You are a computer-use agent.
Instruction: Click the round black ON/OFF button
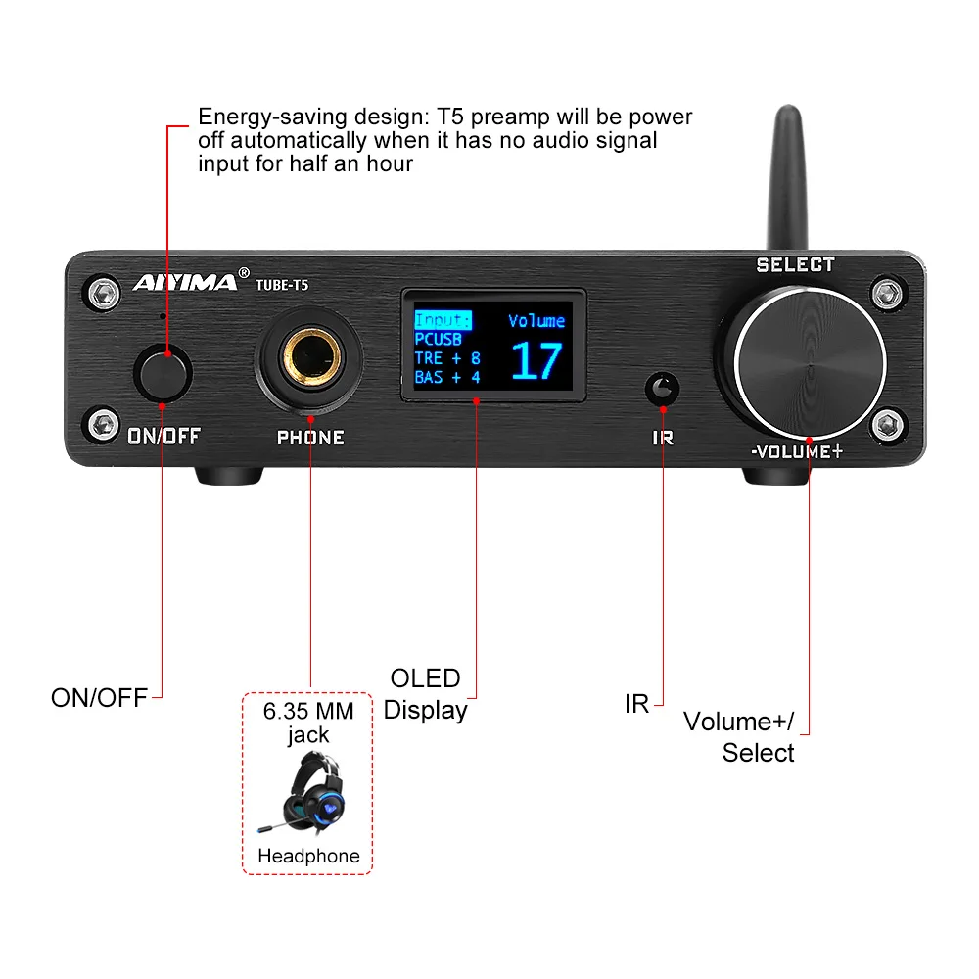[x=163, y=373]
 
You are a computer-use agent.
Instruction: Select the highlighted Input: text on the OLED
[x=443, y=320]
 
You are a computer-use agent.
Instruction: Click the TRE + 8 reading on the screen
[x=447, y=358]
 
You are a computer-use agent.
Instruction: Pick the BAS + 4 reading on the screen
[x=447, y=377]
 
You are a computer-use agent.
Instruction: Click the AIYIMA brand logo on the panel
[x=185, y=284]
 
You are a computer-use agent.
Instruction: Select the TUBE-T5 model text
[x=282, y=285]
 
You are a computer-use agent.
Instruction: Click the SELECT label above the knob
[x=795, y=264]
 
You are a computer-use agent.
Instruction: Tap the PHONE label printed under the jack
[x=310, y=438]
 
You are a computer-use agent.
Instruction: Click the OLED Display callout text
[x=425, y=694]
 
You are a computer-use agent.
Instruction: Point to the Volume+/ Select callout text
[x=741, y=736]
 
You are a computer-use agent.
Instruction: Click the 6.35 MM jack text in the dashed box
[x=308, y=723]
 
